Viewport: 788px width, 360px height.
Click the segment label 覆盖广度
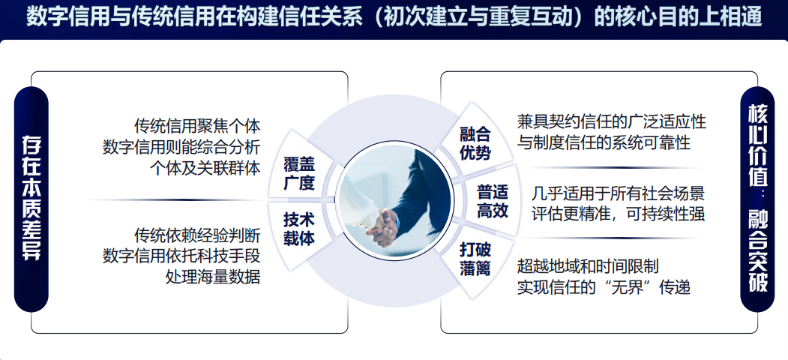click(299, 174)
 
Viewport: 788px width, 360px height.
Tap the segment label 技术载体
click(299, 229)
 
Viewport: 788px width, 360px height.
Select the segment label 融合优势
click(475, 143)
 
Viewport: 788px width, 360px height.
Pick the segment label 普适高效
click(493, 201)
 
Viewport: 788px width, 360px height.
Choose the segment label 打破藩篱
click(475, 259)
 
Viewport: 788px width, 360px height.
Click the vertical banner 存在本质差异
click(31, 199)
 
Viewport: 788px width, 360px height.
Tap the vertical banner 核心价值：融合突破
click(758, 199)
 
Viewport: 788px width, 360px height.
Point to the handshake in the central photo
click(383, 227)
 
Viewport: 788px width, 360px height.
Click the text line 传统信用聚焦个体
click(197, 125)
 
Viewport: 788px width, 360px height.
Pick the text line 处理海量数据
click(213, 277)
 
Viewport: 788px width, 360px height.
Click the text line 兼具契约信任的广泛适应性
click(612, 121)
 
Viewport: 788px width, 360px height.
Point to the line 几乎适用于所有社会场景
click(619, 193)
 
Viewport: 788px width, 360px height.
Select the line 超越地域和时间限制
click(588, 265)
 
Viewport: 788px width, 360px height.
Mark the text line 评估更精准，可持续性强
click(619, 214)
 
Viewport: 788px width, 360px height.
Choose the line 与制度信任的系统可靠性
click(604, 142)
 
